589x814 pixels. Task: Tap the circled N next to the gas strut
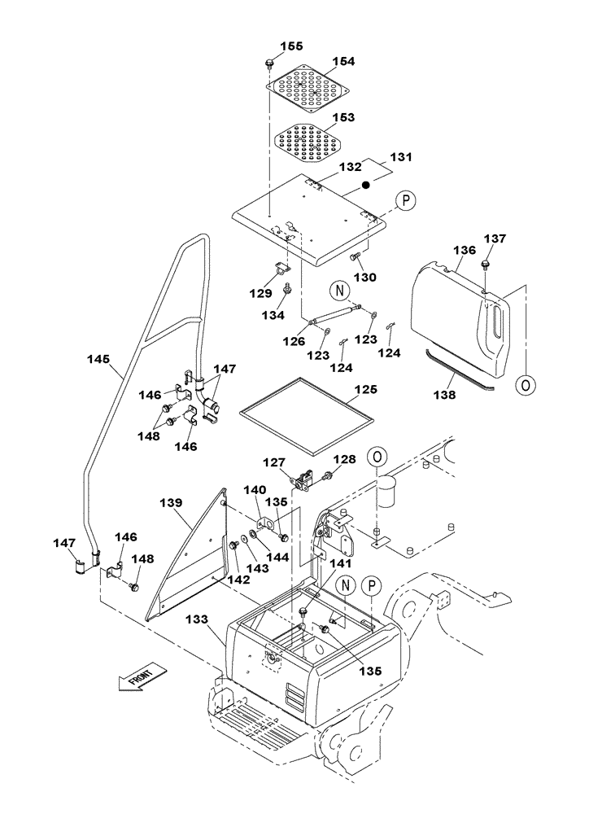point(339,289)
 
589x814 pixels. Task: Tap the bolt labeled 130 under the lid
point(355,257)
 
